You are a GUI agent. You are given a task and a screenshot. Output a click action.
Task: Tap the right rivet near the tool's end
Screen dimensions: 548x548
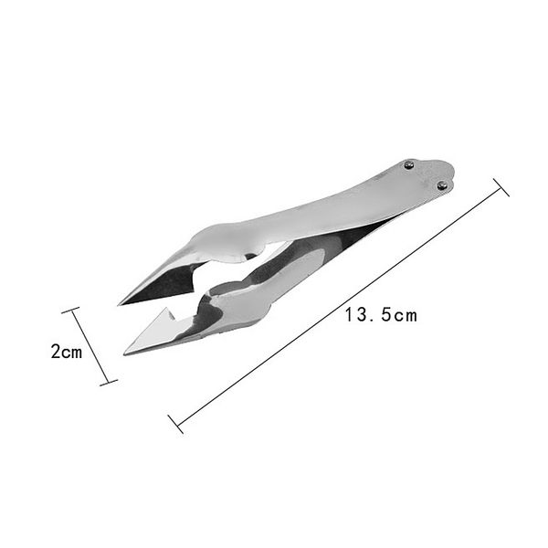[x=443, y=185]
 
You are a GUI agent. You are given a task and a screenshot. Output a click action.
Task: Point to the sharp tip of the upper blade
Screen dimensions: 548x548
[x=120, y=303]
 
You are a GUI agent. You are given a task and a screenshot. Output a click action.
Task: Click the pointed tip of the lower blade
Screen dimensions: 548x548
[x=125, y=353]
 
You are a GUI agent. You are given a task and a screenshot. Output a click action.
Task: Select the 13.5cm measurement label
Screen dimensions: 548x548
[x=381, y=315]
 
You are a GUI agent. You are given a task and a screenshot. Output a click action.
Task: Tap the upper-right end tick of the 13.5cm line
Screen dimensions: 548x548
[x=501, y=187]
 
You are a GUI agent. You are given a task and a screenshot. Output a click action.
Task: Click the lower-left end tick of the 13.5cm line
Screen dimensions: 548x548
[x=176, y=423]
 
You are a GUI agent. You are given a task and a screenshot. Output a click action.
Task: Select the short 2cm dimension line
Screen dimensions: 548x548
[x=90, y=348]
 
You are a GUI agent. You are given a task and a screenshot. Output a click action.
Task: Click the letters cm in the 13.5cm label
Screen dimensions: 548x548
[x=406, y=316]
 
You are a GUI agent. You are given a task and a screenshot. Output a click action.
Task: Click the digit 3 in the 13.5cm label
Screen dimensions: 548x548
[x=363, y=315]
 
